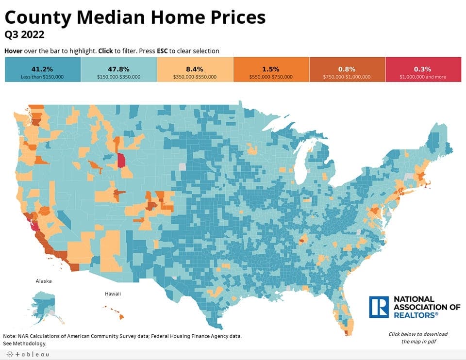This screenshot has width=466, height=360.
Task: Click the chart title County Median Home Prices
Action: [x=135, y=17]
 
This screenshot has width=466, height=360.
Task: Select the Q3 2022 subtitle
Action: [x=24, y=35]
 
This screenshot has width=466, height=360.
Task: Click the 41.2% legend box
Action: [x=43, y=69]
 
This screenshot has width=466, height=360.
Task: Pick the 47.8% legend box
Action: [x=119, y=69]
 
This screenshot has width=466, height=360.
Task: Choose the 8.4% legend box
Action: [x=195, y=69]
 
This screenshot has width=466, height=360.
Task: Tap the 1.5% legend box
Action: [x=271, y=69]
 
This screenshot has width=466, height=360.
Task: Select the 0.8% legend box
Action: [x=347, y=69]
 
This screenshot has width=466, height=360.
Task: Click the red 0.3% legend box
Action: [x=423, y=69]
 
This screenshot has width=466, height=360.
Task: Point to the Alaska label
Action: [x=44, y=281]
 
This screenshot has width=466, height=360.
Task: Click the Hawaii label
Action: [x=113, y=294]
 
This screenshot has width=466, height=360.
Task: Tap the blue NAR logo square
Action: [x=379, y=307]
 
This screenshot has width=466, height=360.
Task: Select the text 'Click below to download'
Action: [x=418, y=334]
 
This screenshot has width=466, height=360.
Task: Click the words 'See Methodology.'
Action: [x=25, y=344]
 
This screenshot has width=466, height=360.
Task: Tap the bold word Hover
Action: [x=13, y=51]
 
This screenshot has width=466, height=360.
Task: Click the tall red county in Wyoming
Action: [x=121, y=160]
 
